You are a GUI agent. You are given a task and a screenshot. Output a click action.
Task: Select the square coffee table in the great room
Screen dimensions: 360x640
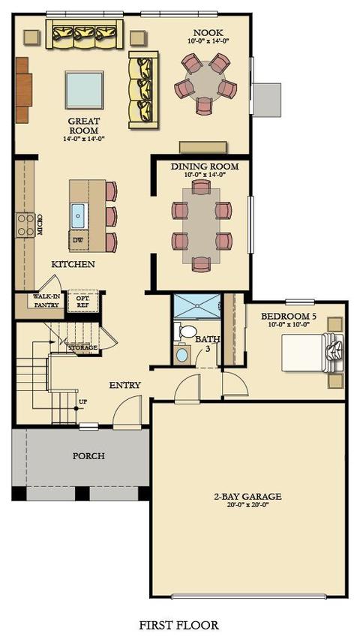coord(84,90)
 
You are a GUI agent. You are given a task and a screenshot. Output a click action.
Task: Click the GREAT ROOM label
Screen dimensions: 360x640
coord(83,126)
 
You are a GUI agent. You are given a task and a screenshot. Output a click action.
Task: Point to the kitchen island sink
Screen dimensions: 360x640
coord(78,215)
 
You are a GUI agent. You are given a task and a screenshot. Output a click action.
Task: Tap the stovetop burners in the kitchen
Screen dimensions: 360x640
coord(25,225)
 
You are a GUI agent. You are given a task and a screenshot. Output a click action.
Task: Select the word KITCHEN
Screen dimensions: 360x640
coord(73,264)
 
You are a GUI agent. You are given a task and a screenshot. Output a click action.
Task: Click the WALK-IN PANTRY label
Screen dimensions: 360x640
coord(46,301)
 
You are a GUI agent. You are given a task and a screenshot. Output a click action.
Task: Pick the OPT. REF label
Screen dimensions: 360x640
coord(83,300)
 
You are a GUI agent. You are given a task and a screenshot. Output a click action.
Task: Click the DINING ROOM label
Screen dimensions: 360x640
coord(205,167)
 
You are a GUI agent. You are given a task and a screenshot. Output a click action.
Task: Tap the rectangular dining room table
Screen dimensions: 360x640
coord(201,225)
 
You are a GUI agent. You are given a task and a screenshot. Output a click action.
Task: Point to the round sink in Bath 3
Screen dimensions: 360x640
coord(182,355)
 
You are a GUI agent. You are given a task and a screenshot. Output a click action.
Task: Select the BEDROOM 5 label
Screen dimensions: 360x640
coord(289,317)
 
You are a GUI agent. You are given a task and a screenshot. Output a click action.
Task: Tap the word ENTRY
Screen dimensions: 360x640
coord(125,385)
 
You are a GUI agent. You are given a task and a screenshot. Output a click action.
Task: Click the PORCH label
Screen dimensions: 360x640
coord(88,456)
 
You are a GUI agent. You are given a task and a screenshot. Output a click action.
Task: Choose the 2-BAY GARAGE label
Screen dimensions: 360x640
coord(247,497)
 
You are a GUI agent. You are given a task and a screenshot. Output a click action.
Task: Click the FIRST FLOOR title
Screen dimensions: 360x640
coord(178,625)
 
